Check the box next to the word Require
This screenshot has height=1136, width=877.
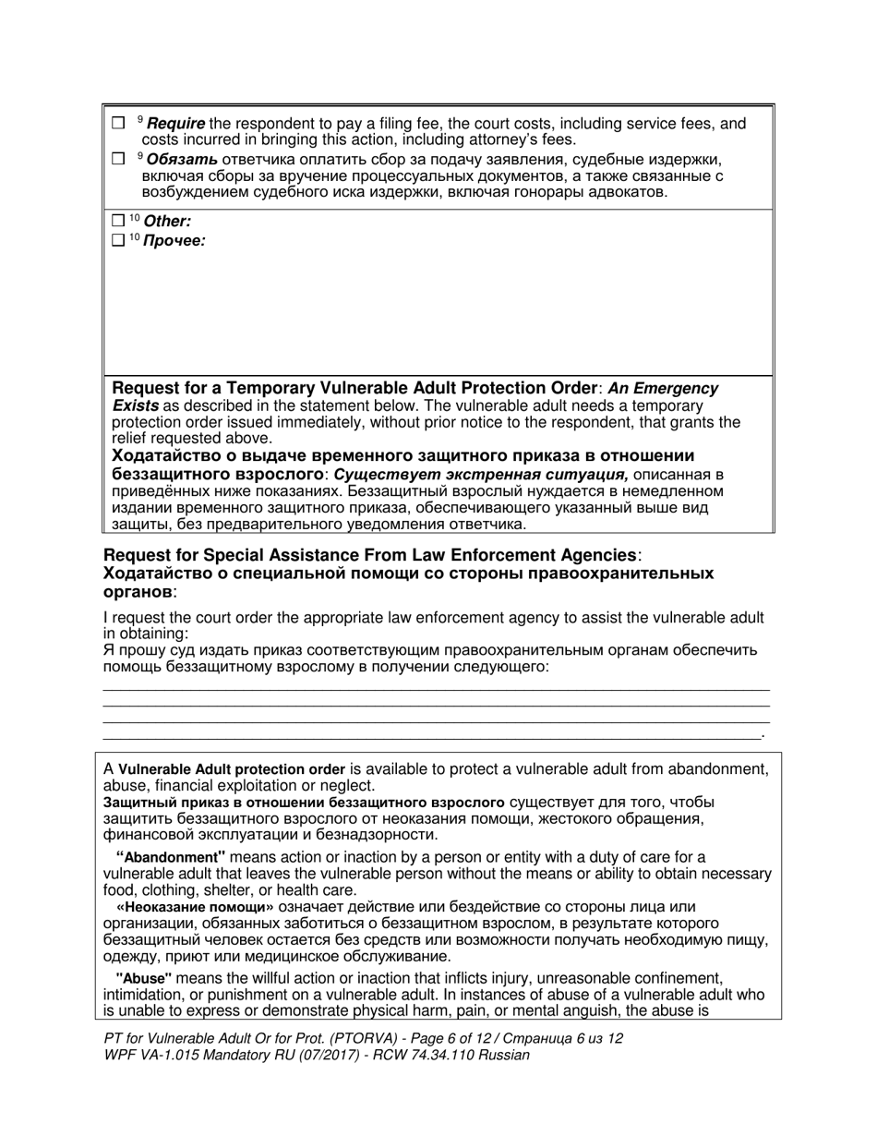click(x=117, y=123)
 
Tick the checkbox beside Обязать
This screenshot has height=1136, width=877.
click(x=117, y=158)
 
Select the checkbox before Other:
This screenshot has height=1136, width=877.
click(x=116, y=221)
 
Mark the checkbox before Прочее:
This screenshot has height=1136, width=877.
click(x=116, y=241)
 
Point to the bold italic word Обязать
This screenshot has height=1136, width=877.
click(x=189, y=159)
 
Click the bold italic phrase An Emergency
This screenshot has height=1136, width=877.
click(x=662, y=389)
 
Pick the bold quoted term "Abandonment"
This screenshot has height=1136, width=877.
click(x=171, y=857)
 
